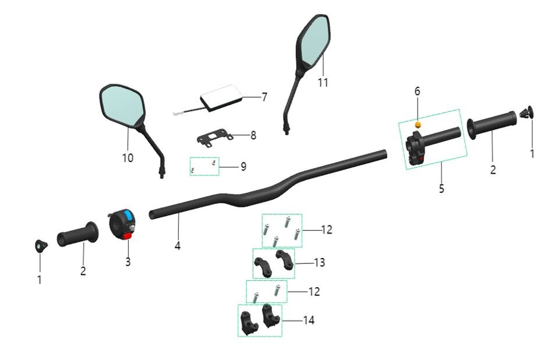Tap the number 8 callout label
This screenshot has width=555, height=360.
(253, 136)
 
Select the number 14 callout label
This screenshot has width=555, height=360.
(309, 320)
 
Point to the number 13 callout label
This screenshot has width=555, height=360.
(319, 263)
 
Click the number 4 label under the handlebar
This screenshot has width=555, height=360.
(178, 246)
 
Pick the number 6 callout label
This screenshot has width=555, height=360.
(417, 91)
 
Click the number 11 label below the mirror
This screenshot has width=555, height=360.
(323, 83)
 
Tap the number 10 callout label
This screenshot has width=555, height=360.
(128, 158)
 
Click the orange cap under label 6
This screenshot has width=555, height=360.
(418, 125)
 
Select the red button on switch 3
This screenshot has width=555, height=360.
(127, 235)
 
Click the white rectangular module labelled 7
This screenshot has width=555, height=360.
(221, 97)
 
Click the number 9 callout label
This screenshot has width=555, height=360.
(243, 167)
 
